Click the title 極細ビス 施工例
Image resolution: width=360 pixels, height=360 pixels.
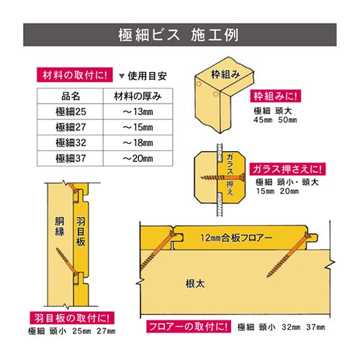pos(178,35)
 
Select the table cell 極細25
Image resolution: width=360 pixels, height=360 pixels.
pos(71,112)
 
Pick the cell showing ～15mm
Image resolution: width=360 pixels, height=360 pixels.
pos(138,127)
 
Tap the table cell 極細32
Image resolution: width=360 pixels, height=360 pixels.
pos(71,143)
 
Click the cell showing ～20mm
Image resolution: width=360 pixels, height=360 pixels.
pos(138,158)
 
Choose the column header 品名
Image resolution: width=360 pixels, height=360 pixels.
pos(71,96)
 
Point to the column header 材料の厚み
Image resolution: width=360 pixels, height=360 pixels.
pos(138,96)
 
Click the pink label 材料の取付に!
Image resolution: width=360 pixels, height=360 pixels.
pos(75,75)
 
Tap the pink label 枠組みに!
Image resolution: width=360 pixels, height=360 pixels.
pos(275,96)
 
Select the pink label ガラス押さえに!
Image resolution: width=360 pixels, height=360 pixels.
pos(287,169)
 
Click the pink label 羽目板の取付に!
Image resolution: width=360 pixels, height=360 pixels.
pos(72,318)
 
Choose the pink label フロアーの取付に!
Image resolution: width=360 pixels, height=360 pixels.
pos(189,326)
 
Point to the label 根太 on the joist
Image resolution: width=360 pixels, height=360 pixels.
pos(195,284)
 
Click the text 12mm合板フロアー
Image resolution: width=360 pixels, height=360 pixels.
pos(236,238)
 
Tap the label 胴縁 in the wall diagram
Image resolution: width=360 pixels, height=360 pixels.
pos(60,227)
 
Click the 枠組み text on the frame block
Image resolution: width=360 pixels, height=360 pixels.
pos(225,74)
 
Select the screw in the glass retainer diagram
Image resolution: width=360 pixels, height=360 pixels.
pos(222,178)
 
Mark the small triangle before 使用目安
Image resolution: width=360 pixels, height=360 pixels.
pos(122,76)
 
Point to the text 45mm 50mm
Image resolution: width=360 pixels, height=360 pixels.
pos(275,120)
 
